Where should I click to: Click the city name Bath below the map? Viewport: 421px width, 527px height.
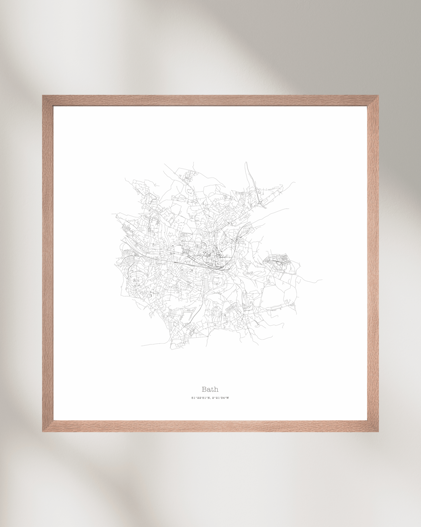click(210, 389)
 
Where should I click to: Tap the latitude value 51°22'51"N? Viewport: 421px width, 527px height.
click(201, 398)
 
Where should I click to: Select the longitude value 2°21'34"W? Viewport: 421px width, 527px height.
click(221, 398)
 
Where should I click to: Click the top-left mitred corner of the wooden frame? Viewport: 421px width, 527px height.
click(48, 101)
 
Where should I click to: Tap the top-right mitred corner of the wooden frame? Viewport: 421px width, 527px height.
click(373, 101)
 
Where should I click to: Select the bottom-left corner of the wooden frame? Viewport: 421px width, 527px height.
click(48, 426)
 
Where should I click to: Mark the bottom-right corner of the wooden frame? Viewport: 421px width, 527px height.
click(373, 426)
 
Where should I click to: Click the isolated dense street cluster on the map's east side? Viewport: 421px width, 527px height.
click(278, 259)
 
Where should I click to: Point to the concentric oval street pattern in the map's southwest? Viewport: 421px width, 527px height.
click(135, 280)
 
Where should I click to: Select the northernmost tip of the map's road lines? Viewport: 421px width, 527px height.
click(245, 162)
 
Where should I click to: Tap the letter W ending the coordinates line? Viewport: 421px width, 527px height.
click(228, 398)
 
